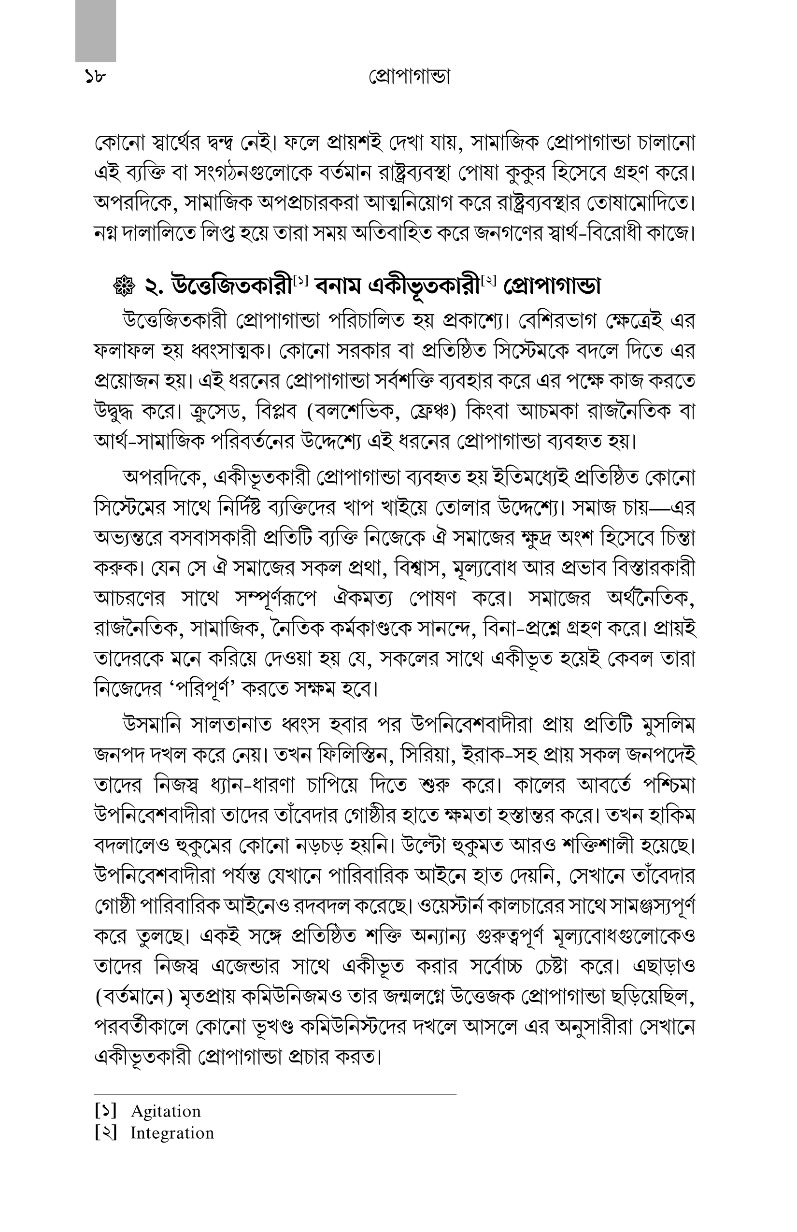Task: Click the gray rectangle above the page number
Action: tap(95, 31)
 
